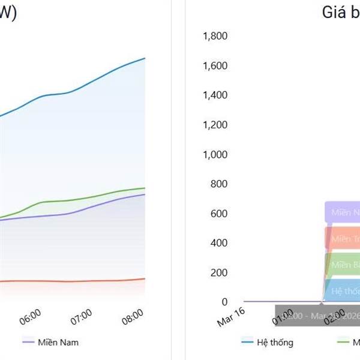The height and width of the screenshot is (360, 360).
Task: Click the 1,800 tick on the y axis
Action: [216, 36]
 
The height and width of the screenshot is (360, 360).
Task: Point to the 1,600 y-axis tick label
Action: [216, 65]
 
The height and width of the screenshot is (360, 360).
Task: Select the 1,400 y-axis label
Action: [216, 95]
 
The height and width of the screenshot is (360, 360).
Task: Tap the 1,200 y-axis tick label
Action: [216, 125]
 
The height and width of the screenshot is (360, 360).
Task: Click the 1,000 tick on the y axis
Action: [216, 154]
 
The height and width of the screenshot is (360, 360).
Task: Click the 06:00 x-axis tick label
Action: [30, 317]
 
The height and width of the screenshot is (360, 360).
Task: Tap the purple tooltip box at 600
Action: [343, 212]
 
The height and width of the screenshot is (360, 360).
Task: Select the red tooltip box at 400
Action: [343, 238]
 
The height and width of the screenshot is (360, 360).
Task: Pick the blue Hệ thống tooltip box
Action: [341, 291]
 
